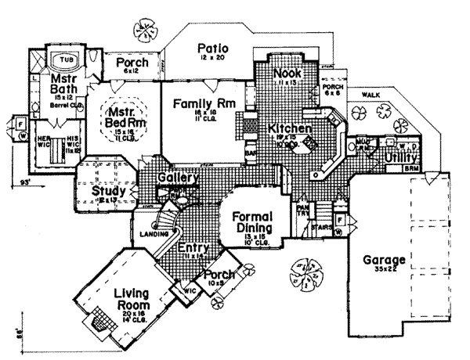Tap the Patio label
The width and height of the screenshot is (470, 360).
212,47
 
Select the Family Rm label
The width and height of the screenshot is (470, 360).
200,103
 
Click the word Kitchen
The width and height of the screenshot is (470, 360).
290,128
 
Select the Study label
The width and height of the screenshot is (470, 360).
105,190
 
